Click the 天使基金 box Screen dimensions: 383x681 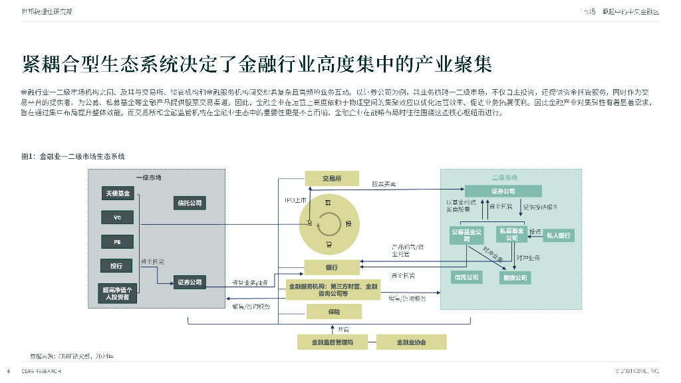[117, 193]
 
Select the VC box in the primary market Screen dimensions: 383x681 [117, 217]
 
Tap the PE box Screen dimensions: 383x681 [117, 241]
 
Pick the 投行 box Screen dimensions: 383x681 [117, 265]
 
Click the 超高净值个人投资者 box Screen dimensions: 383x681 [117, 293]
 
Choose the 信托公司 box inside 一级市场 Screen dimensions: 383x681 [190, 203]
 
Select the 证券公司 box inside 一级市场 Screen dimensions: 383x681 [190, 283]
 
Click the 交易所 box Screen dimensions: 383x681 [332, 178]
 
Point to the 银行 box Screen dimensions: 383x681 [332, 267]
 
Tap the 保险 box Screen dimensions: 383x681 [333, 311]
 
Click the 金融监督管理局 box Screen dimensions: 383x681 [332, 342]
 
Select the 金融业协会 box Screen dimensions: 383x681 [411, 342]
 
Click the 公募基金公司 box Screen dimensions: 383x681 [466, 235]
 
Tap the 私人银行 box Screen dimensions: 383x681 [559, 235]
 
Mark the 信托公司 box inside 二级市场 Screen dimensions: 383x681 [466, 277]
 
